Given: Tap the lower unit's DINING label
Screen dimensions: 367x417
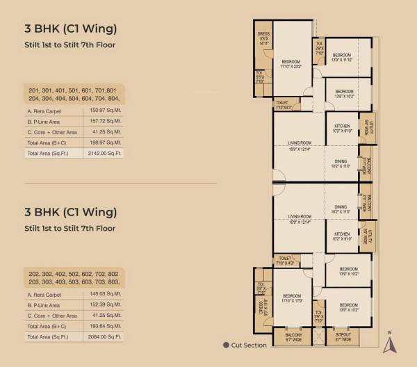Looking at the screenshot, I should coord(340,209).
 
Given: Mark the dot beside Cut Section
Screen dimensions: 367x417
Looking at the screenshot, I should coord(226,345).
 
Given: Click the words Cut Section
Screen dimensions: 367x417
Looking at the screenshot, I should coord(250,345).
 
